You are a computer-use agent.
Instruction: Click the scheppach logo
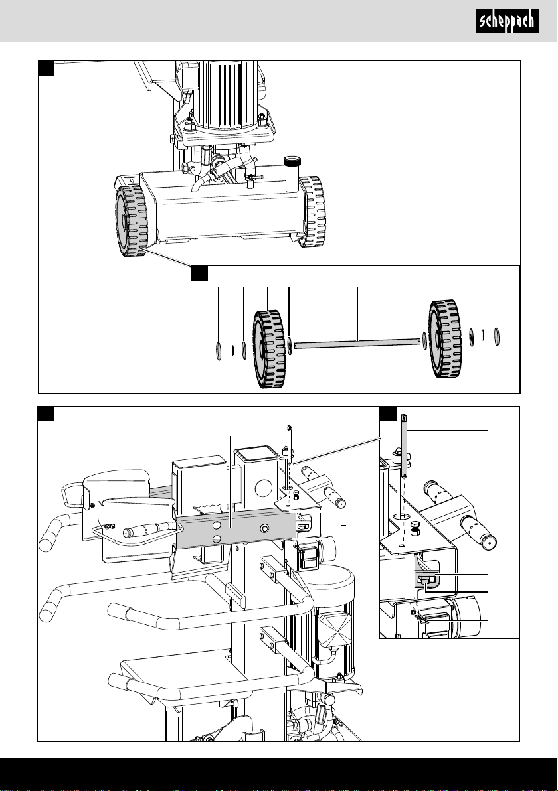[x=507, y=21]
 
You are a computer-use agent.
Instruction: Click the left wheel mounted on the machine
[x=131, y=220]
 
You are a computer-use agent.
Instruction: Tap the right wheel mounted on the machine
[x=312, y=212]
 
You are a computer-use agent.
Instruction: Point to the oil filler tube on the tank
[x=291, y=174]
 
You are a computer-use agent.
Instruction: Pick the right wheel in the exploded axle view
[x=445, y=339]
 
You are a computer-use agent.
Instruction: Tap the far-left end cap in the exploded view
[x=219, y=350]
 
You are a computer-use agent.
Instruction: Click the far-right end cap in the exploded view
[x=497, y=336]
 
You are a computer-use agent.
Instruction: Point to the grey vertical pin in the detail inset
[x=404, y=447]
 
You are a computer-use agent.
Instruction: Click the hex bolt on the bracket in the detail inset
[x=415, y=529]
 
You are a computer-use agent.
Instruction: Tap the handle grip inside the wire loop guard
[x=148, y=530]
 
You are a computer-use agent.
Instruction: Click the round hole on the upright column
[x=264, y=488]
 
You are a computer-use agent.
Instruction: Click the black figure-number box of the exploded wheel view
[x=199, y=273]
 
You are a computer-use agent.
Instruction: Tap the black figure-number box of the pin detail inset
[x=388, y=413]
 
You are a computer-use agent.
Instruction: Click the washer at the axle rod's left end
[x=290, y=346]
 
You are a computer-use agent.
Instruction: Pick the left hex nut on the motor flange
[x=191, y=122]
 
